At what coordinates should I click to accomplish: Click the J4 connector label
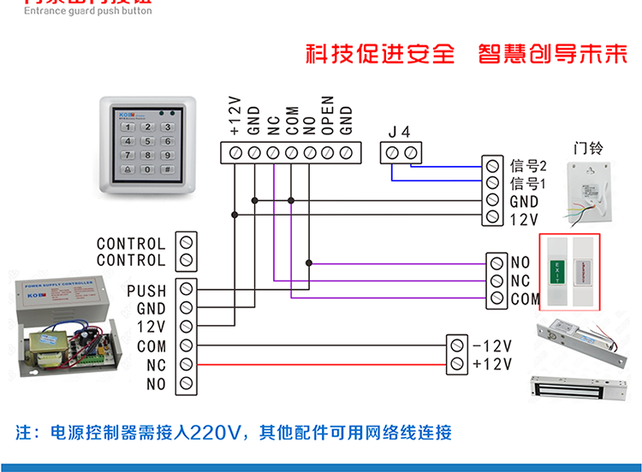pos(400,132)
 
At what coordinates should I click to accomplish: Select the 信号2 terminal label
pos(528,164)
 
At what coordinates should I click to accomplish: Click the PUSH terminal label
pos(146,291)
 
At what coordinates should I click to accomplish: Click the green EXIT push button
pos(558,271)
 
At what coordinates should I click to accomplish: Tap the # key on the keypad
pos(168,170)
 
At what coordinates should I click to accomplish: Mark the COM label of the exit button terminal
pos(526,299)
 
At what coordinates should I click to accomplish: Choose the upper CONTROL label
pos(130,245)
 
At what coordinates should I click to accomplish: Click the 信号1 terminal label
pos(528,183)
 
